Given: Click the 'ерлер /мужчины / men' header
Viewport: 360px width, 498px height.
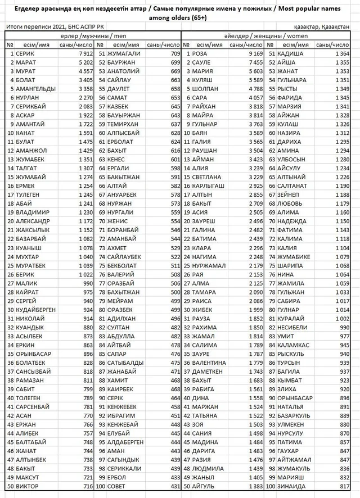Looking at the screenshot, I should click(93, 35).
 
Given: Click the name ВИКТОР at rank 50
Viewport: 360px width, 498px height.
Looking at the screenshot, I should click(29, 486).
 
